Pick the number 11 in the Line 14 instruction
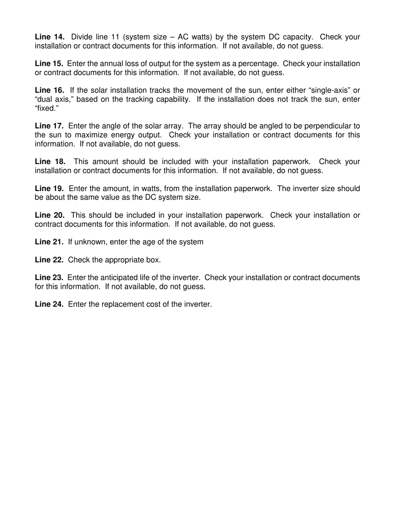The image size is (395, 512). click(x=115, y=37)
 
